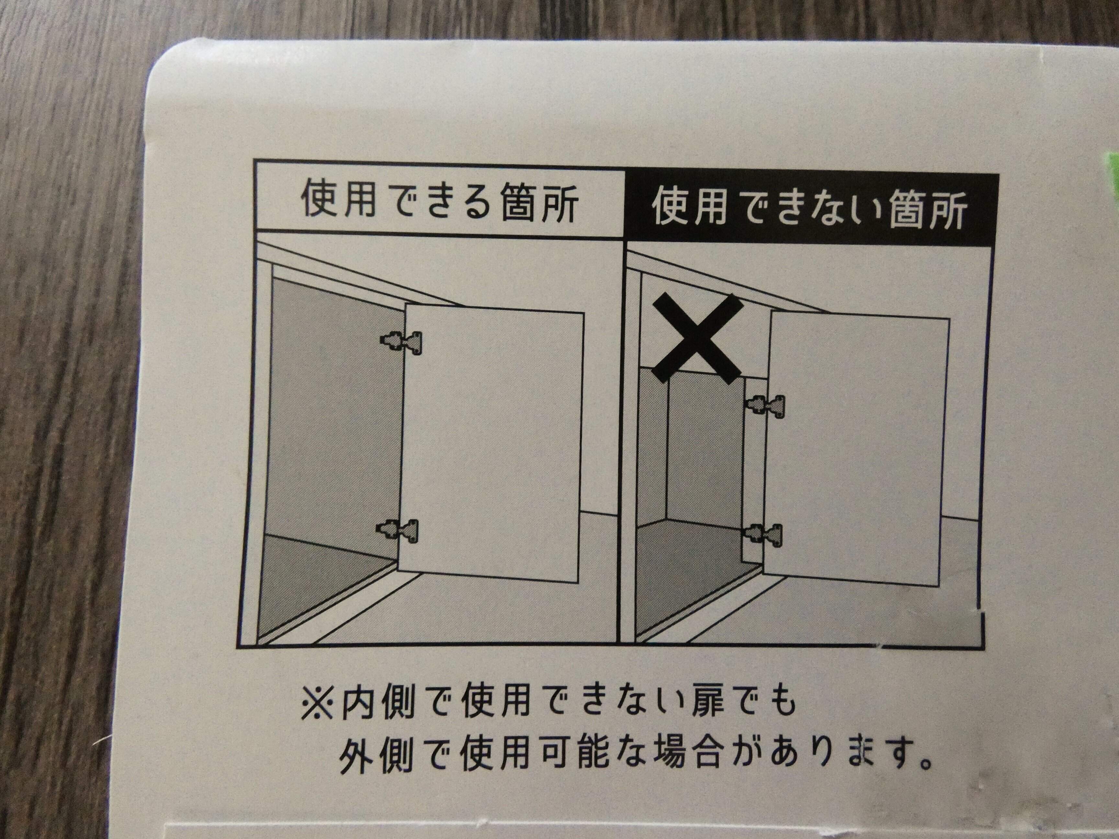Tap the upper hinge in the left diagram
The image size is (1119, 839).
click(401, 343)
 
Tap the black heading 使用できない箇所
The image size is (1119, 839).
click(809, 209)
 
